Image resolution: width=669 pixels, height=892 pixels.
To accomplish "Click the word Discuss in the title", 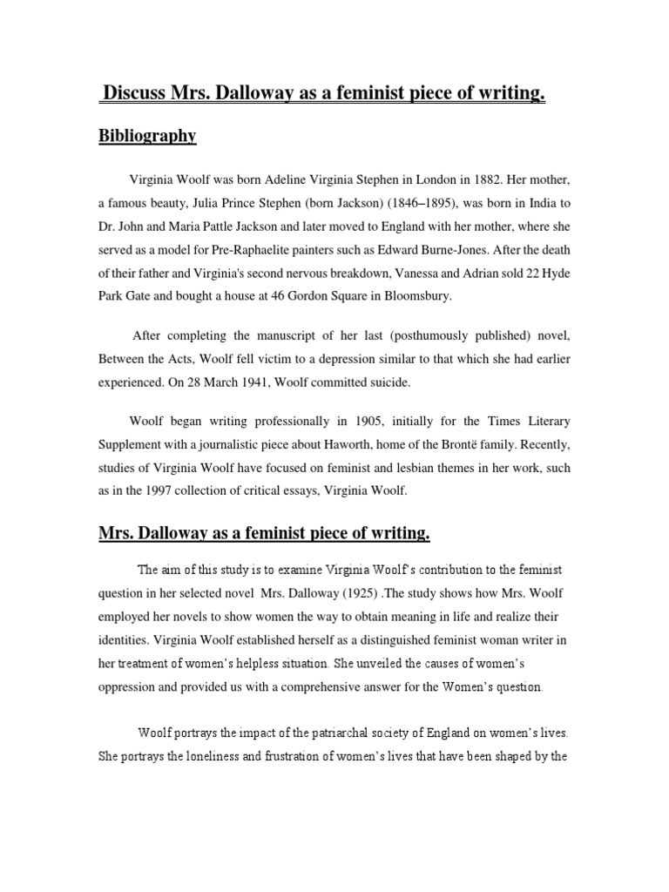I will [x=137, y=94].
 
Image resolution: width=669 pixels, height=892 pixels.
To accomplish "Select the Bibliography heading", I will [x=146, y=136].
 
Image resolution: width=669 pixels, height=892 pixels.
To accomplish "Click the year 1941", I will [x=258, y=381].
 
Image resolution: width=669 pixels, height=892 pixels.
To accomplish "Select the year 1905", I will [x=372, y=421].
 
